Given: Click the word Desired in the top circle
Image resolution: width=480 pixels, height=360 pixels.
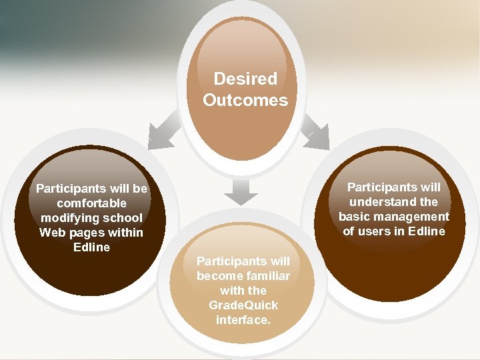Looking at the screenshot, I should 245,79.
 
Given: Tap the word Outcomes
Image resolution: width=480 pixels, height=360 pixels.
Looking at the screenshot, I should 245,101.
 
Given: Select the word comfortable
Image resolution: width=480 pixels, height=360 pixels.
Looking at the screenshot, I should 91,203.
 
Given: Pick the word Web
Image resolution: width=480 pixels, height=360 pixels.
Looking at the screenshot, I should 51,233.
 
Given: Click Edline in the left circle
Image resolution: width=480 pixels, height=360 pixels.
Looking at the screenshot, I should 91,247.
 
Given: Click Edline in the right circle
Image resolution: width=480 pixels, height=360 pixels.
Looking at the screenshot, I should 427,231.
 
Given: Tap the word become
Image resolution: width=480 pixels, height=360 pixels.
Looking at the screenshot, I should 218,276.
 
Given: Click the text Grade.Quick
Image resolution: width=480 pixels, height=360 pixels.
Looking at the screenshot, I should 243,305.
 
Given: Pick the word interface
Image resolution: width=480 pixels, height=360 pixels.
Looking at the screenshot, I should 243,320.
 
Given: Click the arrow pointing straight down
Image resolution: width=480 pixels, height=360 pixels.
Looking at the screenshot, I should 241,191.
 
